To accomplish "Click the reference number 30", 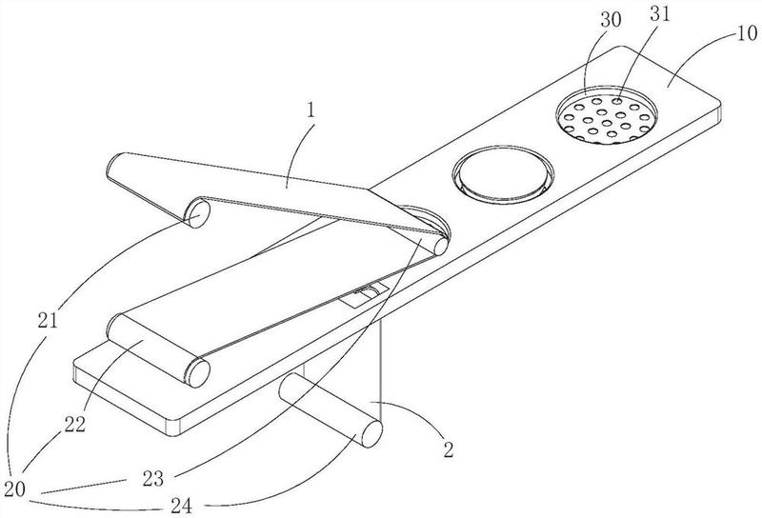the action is pyautogui.click(x=611, y=20).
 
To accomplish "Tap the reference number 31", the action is pyautogui.click(x=660, y=14).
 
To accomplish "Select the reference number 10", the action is pyautogui.click(x=747, y=33).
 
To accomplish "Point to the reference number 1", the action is pyautogui.click(x=311, y=110).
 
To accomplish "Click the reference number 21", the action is pyautogui.click(x=48, y=320).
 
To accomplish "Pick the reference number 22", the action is pyautogui.click(x=75, y=425).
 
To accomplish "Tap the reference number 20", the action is pyautogui.click(x=14, y=488).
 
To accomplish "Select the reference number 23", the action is pyautogui.click(x=153, y=480).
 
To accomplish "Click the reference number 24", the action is pyautogui.click(x=181, y=507).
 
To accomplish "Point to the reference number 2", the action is pyautogui.click(x=448, y=449).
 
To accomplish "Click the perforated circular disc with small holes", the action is pyautogui.click(x=606, y=114).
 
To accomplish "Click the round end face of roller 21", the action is pyautogui.click(x=198, y=213).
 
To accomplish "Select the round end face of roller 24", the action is pyautogui.click(x=371, y=433).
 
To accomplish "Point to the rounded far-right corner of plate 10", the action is pyautogui.click(x=717, y=101).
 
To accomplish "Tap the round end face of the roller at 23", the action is pyautogui.click(x=441, y=246).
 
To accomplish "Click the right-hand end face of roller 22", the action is pyautogui.click(x=198, y=372).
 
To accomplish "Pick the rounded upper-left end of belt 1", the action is pyautogui.click(x=112, y=166).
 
